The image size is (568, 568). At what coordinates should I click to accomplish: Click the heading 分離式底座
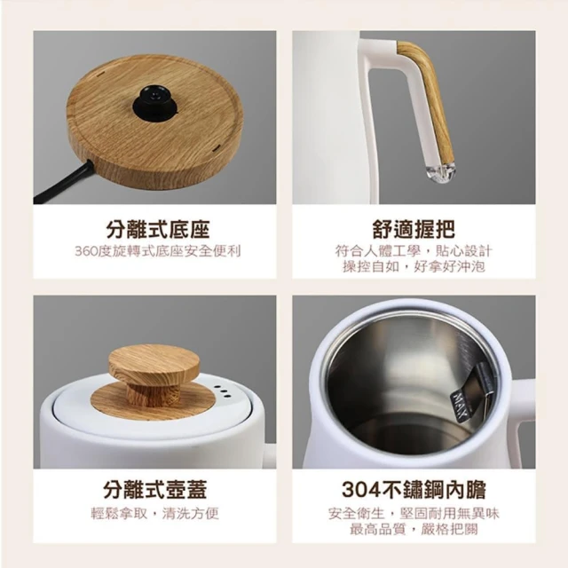(158, 229)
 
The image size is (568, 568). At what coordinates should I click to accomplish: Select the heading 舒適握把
(414, 229)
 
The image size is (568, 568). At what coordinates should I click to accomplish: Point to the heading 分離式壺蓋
(155, 490)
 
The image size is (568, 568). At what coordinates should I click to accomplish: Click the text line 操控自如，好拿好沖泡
(414, 266)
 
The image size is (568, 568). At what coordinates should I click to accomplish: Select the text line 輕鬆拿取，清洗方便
(155, 513)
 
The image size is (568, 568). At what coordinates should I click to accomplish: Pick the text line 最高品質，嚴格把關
(414, 529)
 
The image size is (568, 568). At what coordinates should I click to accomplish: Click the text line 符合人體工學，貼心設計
(414, 251)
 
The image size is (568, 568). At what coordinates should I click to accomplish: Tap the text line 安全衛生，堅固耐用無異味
(414, 513)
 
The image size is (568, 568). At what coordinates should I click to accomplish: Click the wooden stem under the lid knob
(154, 393)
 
